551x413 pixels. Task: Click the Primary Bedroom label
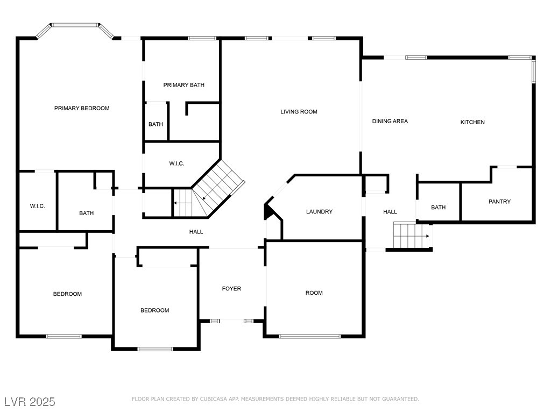(82, 108)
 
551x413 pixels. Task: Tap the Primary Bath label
(183, 85)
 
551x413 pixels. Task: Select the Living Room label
(299, 112)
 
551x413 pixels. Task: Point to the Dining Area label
(390, 122)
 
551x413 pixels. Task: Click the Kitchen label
(472, 122)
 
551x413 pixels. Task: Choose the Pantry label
(499, 202)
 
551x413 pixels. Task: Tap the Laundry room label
(319, 212)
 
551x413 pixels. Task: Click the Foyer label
(231, 289)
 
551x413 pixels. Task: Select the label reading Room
(314, 293)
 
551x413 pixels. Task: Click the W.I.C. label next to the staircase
(177, 163)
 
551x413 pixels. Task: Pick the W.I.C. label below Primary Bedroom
(37, 206)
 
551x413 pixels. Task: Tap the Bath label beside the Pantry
(438, 208)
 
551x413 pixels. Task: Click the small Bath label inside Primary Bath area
(156, 124)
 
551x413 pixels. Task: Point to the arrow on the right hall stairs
(427, 236)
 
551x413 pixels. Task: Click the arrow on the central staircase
(176, 203)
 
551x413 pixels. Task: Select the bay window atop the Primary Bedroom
(75, 25)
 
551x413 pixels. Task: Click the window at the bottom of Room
(309, 337)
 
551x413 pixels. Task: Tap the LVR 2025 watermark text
(30, 402)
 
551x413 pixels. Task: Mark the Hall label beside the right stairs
(390, 212)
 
